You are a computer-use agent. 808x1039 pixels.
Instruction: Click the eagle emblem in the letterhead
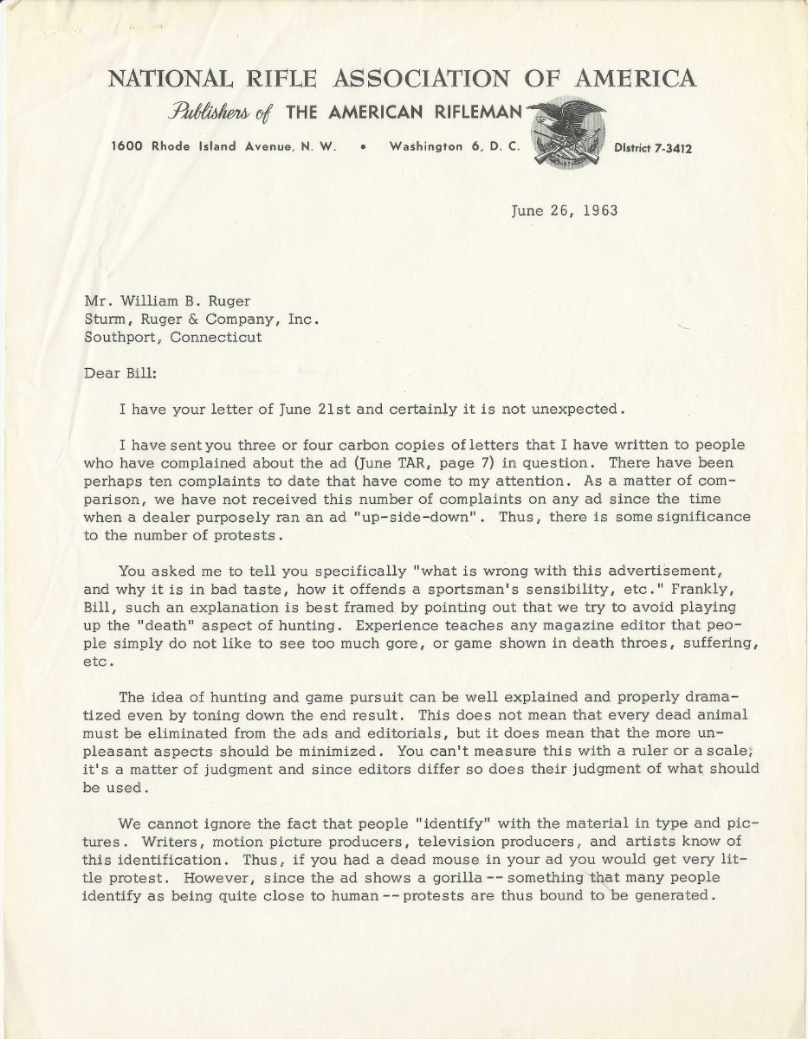point(564,131)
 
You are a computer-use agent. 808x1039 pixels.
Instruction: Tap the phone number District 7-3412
point(654,148)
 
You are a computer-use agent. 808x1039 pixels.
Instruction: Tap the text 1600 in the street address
point(129,147)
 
